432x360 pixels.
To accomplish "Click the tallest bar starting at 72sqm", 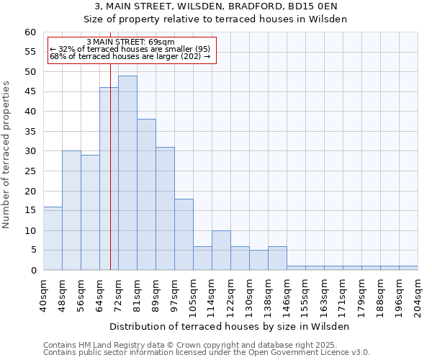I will click(x=127, y=173).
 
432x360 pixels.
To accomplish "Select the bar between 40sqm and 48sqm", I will click(x=53, y=238).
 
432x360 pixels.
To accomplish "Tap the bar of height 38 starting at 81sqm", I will click(x=146, y=194).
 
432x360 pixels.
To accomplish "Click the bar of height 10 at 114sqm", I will click(x=221, y=250).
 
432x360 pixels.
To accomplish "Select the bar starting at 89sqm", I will click(x=165, y=208).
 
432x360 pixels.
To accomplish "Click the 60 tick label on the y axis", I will click(x=30, y=32).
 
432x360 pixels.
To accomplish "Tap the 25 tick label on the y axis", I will click(x=30, y=171).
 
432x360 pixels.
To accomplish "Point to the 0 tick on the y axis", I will click(x=33, y=271).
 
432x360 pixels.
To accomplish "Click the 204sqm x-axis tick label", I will click(x=418, y=295).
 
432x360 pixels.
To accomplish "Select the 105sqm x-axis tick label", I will click(x=194, y=295).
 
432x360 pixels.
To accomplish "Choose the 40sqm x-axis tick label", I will click(x=44, y=295).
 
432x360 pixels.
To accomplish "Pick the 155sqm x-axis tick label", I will click(x=306, y=295).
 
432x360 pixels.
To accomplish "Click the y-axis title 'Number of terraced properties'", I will click(x=6, y=154).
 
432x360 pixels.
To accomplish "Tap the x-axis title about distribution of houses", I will click(x=230, y=326).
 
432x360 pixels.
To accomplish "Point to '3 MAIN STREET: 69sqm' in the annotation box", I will click(x=130, y=42).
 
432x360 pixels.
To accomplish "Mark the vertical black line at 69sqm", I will click(x=110, y=180).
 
